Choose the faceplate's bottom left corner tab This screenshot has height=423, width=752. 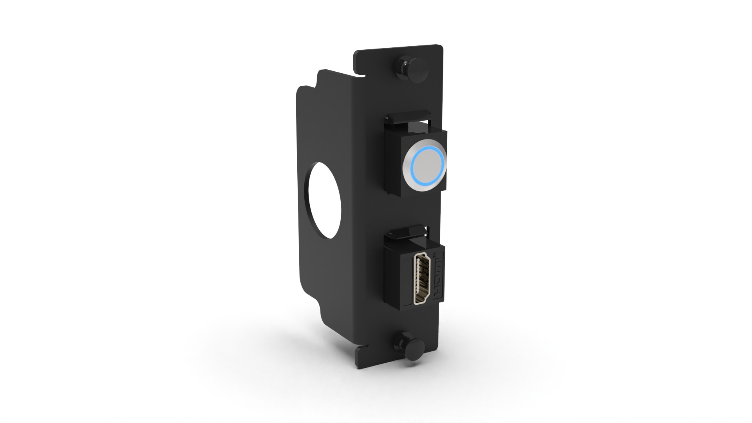[362, 358]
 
